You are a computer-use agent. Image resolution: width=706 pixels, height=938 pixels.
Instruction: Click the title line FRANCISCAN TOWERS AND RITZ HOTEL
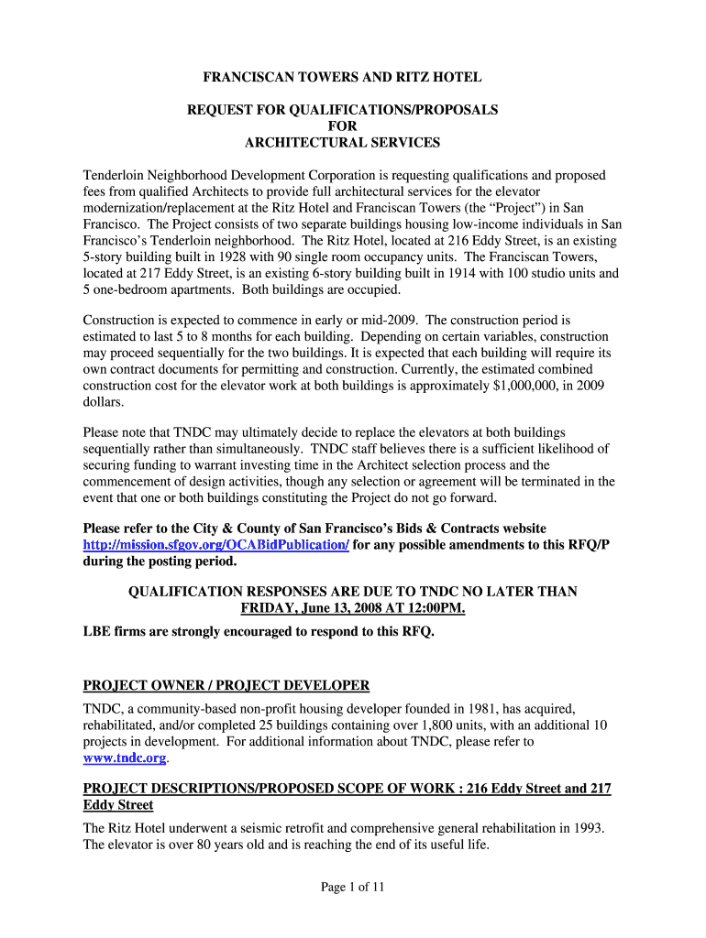(342, 78)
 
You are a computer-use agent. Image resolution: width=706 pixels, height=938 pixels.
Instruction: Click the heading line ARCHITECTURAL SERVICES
(342, 142)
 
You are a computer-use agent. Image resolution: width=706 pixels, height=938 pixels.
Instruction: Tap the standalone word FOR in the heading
(342, 125)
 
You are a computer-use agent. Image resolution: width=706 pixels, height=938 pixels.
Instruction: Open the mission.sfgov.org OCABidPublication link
(215, 544)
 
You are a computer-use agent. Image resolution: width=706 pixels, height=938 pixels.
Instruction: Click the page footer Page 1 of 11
(352, 886)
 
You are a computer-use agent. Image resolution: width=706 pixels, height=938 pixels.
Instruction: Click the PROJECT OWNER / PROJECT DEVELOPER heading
(226, 685)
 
